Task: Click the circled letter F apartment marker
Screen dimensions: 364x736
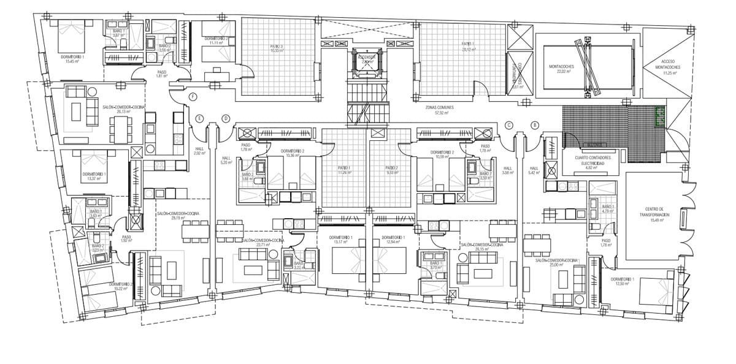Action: (x=193, y=97)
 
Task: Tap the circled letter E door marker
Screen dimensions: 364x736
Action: (x=199, y=118)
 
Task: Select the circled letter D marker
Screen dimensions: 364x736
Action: (x=226, y=118)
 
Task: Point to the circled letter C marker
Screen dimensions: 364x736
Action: (x=508, y=125)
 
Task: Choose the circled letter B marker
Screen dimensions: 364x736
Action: (x=535, y=125)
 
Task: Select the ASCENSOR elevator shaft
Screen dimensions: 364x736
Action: (x=367, y=60)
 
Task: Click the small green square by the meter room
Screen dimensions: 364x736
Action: (x=661, y=116)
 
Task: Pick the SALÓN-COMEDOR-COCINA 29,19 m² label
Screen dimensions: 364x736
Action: (x=178, y=215)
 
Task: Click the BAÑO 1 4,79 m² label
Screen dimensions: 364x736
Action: (x=608, y=210)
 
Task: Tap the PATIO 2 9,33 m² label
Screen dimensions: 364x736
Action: (x=392, y=170)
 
